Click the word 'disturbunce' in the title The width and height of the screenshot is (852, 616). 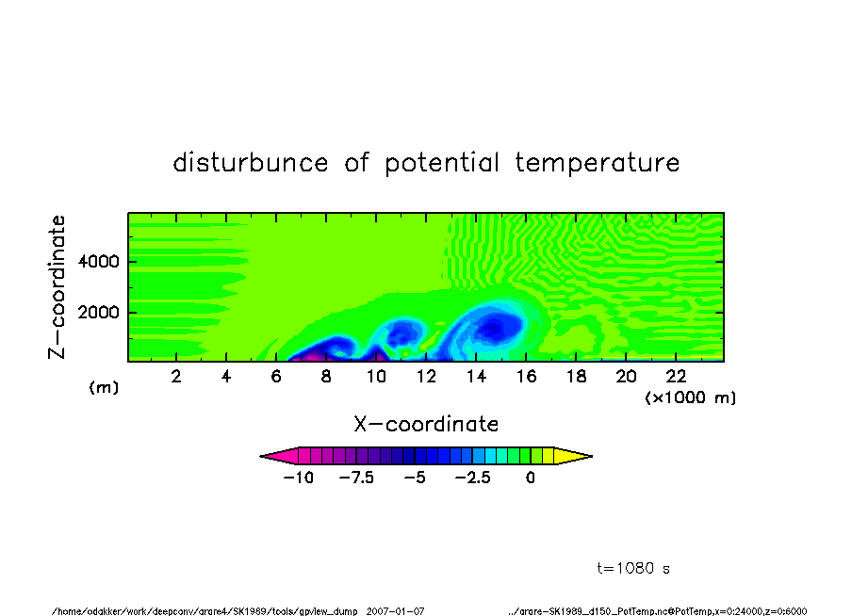point(251,162)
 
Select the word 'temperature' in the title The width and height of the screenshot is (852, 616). point(598,162)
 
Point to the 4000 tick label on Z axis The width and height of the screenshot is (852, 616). point(98,262)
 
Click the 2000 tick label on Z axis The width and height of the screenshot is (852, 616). point(98,313)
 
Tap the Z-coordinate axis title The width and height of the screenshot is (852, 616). point(57,287)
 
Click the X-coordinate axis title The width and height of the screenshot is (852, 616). point(426,424)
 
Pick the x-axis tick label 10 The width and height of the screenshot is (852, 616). point(376,377)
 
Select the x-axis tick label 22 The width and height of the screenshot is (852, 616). point(676,377)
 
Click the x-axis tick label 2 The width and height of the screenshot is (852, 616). point(176,377)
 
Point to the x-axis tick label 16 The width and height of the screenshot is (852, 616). point(526,377)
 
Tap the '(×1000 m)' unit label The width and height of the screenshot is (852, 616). point(690,397)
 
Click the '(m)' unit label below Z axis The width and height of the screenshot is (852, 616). point(104,387)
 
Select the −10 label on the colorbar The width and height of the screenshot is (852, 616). point(299,478)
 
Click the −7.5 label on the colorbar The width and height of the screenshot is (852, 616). point(356,478)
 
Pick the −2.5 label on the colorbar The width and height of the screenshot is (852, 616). point(473,478)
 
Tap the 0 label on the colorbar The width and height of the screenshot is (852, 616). point(531,478)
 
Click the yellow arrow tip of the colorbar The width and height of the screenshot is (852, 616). point(592,456)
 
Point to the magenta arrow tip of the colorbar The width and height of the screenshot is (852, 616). point(261,456)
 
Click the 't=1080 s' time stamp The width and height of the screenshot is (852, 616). point(633,568)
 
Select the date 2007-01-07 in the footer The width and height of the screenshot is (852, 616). point(395,611)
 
